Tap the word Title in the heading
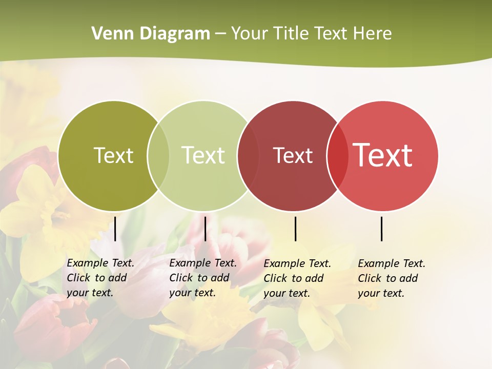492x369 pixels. pos(291,34)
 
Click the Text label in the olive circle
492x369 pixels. pos(113,155)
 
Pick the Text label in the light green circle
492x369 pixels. pos(203,155)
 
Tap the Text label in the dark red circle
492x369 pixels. pos(293,155)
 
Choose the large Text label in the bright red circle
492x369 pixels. pos(383,155)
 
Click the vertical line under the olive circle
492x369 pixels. pos(115,229)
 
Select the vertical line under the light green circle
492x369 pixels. pos(205,229)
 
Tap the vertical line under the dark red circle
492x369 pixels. pos(295,229)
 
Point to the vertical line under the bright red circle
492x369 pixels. pos(381,229)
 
